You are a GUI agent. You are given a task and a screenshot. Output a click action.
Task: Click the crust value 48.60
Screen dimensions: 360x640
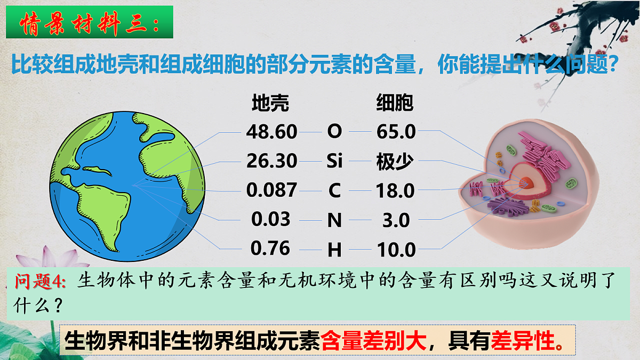271,131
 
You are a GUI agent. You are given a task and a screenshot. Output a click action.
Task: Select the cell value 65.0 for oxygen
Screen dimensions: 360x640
396,131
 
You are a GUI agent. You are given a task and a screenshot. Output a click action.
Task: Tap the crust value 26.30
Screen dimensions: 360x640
271,160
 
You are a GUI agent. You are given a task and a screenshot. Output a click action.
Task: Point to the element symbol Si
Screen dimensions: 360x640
334,161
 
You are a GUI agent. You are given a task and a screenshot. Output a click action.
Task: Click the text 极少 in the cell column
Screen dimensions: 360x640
395,161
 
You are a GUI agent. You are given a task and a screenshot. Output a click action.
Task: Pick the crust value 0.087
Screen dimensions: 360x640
271,190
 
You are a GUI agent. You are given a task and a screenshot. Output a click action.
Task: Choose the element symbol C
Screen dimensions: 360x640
334,190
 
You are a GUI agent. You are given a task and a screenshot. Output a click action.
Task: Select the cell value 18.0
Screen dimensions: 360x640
395,190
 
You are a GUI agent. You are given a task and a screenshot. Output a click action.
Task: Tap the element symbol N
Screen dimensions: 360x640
334,220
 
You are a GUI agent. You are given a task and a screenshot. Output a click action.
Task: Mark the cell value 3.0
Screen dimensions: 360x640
396,220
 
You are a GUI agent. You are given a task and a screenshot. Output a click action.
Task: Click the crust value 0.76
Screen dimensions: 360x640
270,248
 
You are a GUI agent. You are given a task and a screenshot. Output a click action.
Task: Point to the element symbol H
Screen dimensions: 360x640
334,249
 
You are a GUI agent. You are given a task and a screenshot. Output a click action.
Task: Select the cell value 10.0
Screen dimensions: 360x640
396,249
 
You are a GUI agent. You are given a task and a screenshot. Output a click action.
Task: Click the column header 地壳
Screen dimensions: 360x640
270,103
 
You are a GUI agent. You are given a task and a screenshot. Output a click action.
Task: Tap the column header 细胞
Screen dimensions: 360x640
395,103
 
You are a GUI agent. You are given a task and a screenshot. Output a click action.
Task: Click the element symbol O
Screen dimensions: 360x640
334,131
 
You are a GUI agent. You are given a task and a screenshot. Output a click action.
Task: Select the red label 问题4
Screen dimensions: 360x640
40,281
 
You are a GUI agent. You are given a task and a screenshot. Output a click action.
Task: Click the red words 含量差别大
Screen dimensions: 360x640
374,339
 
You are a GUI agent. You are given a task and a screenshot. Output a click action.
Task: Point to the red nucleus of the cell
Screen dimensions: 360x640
526,183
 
